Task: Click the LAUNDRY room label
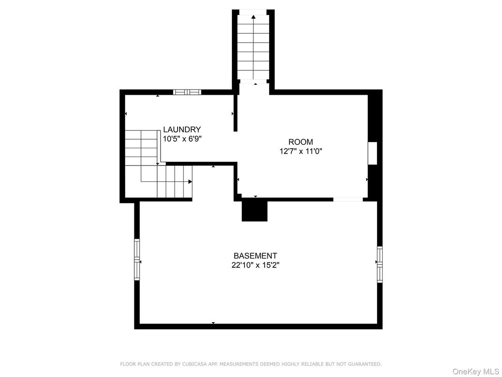click(x=182, y=129)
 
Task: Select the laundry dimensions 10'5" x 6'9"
click(x=182, y=139)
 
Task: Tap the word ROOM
click(x=301, y=142)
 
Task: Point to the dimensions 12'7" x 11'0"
click(x=301, y=151)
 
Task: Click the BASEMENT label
click(x=255, y=256)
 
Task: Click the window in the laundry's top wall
click(x=187, y=92)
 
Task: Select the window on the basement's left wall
click(x=137, y=260)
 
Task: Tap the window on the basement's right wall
click(x=380, y=264)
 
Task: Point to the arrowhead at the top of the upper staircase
click(x=253, y=17)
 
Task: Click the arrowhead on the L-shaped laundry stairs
click(x=190, y=182)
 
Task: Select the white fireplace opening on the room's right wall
click(x=372, y=153)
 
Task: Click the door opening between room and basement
click(x=348, y=199)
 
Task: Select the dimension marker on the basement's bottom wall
click(x=213, y=323)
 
